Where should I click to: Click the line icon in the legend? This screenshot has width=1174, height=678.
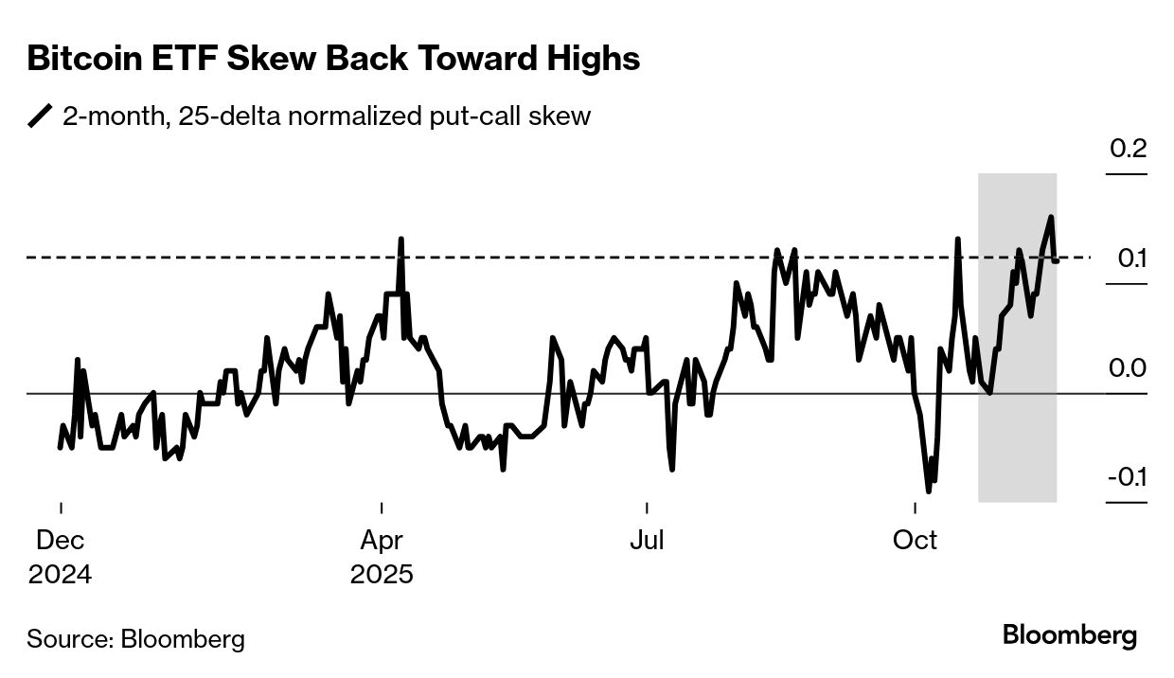tap(41, 116)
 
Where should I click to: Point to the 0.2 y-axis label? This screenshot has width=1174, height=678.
tap(1128, 150)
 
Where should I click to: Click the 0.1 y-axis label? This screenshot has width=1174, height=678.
tap(1128, 259)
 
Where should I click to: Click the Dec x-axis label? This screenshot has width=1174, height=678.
tap(61, 541)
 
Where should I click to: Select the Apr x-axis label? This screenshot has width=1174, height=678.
tap(382, 541)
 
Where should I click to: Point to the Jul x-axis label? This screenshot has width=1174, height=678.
tap(647, 541)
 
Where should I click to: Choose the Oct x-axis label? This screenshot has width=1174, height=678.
tap(916, 541)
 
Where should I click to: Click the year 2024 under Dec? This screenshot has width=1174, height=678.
tap(61, 575)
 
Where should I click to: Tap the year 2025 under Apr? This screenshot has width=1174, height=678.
tap(382, 575)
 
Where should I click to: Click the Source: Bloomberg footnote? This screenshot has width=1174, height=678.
tap(135, 639)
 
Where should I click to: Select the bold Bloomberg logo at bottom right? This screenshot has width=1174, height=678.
tap(1070, 635)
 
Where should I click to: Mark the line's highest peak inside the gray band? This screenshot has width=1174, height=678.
tap(1051, 217)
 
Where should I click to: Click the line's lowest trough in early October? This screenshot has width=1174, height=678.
tap(928, 491)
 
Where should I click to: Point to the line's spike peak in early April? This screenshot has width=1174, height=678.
tap(400, 239)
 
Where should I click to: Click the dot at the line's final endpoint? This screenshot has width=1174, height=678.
tap(1056, 259)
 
